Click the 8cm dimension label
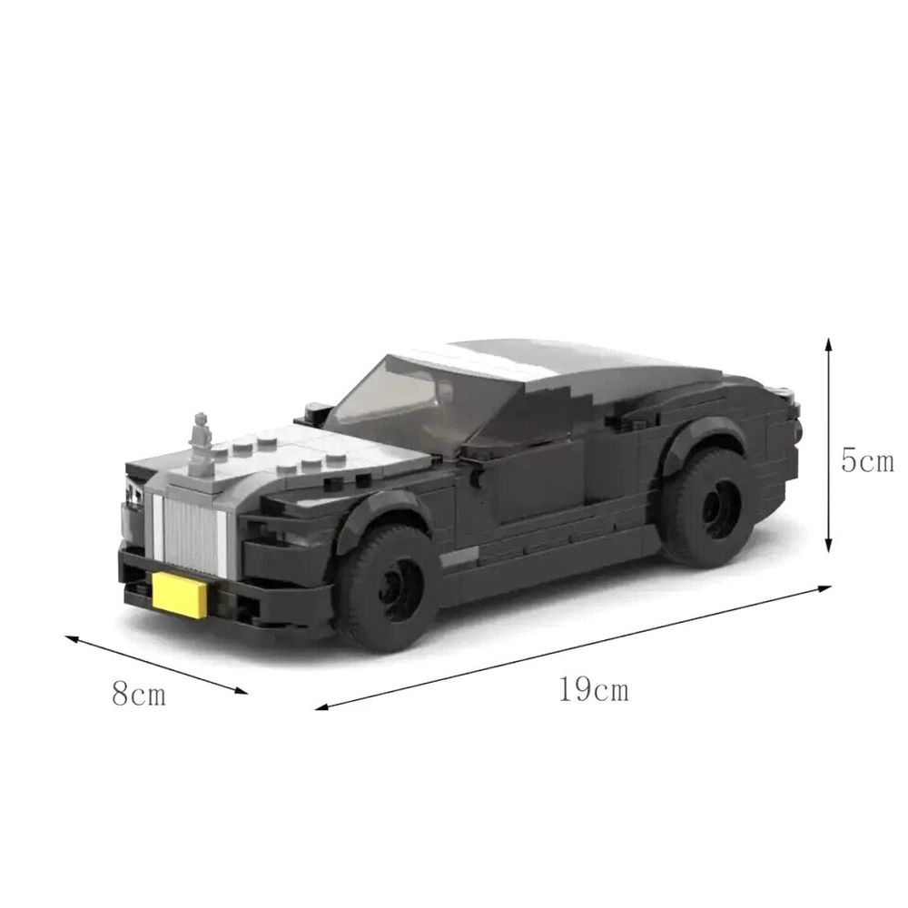coord(139,693)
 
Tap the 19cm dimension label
coord(594,689)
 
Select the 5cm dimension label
coord(867,461)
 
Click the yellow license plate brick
coord(180,595)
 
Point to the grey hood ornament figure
coord(201,441)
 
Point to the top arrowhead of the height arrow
coord(829,341)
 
